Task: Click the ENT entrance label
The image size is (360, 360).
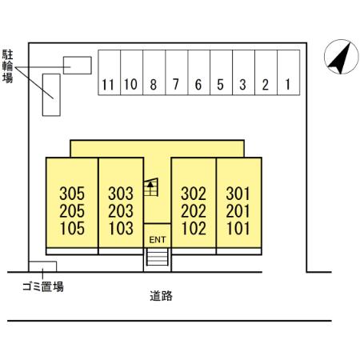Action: pyautogui.click(x=158, y=240)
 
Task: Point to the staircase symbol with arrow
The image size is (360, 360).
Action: pyautogui.click(x=150, y=189)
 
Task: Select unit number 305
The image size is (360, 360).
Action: pyautogui.click(x=72, y=194)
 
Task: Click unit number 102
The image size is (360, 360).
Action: pyautogui.click(x=194, y=227)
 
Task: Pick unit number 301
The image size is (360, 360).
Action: pyautogui.click(x=238, y=194)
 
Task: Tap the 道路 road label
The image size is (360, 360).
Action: pyautogui.click(x=161, y=295)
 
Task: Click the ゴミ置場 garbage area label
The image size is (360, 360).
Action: pyautogui.click(x=42, y=286)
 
